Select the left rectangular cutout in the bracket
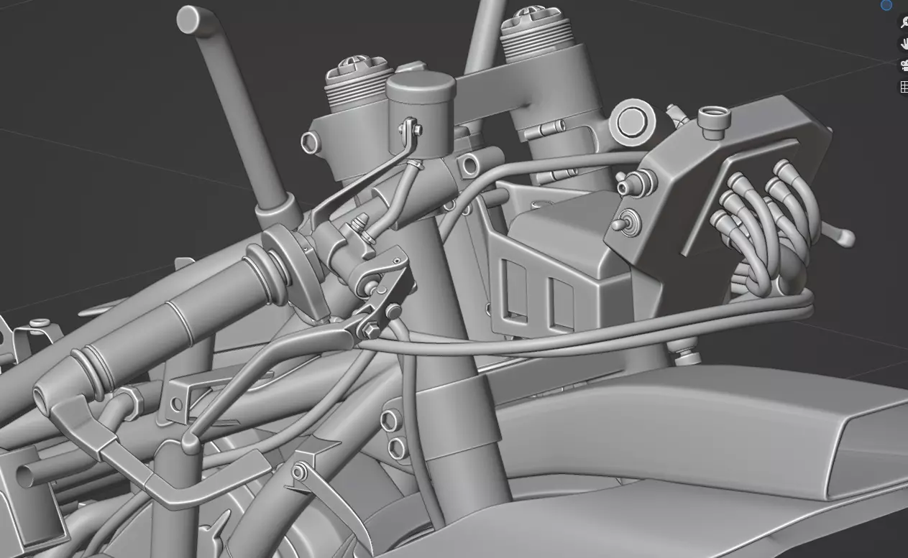[514, 288]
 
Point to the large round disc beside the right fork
[632, 122]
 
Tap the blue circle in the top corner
[886, 5]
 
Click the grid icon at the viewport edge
[904, 87]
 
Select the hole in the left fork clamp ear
[310, 141]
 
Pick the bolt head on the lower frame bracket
[300, 472]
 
